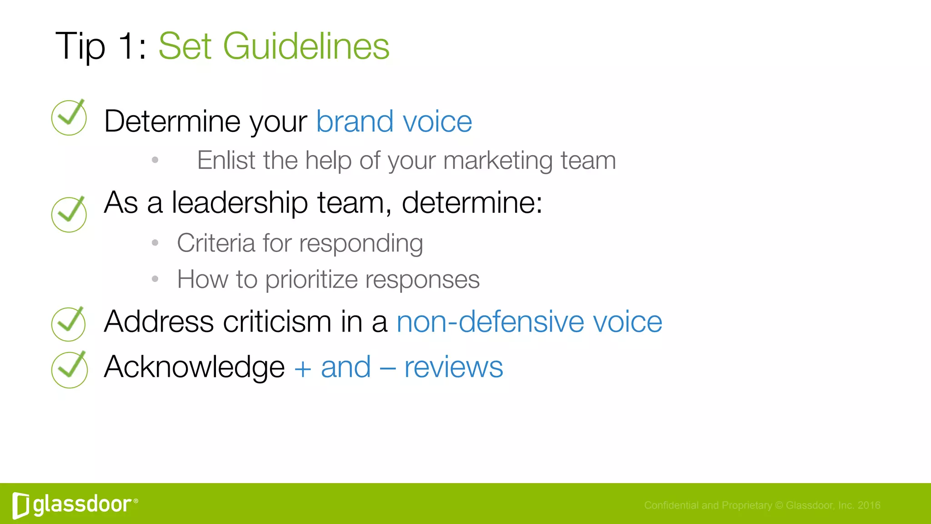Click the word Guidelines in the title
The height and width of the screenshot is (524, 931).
pos(306,46)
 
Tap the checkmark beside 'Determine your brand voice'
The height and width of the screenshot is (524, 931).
pos(69,118)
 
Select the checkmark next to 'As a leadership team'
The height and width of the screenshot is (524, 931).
pos(69,214)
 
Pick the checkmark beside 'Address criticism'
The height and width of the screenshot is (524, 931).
pos(69,324)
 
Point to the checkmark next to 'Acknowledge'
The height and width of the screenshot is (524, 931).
pos(69,370)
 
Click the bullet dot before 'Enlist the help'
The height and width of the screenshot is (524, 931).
pos(155,160)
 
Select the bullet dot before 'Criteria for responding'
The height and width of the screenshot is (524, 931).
pos(155,243)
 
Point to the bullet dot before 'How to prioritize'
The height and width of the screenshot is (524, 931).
pos(155,279)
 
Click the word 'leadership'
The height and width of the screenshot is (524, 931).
pos(240,202)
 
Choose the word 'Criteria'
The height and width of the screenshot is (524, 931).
pos(216,243)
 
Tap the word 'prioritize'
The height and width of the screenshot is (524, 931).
pos(311,279)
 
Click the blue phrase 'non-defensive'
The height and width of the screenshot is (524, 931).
pos(490,322)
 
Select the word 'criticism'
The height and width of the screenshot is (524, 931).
pos(277,322)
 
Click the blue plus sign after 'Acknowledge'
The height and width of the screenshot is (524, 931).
pos(303,368)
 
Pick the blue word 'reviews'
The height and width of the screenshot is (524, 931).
pos(453,367)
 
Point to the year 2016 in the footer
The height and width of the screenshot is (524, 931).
pos(869,505)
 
